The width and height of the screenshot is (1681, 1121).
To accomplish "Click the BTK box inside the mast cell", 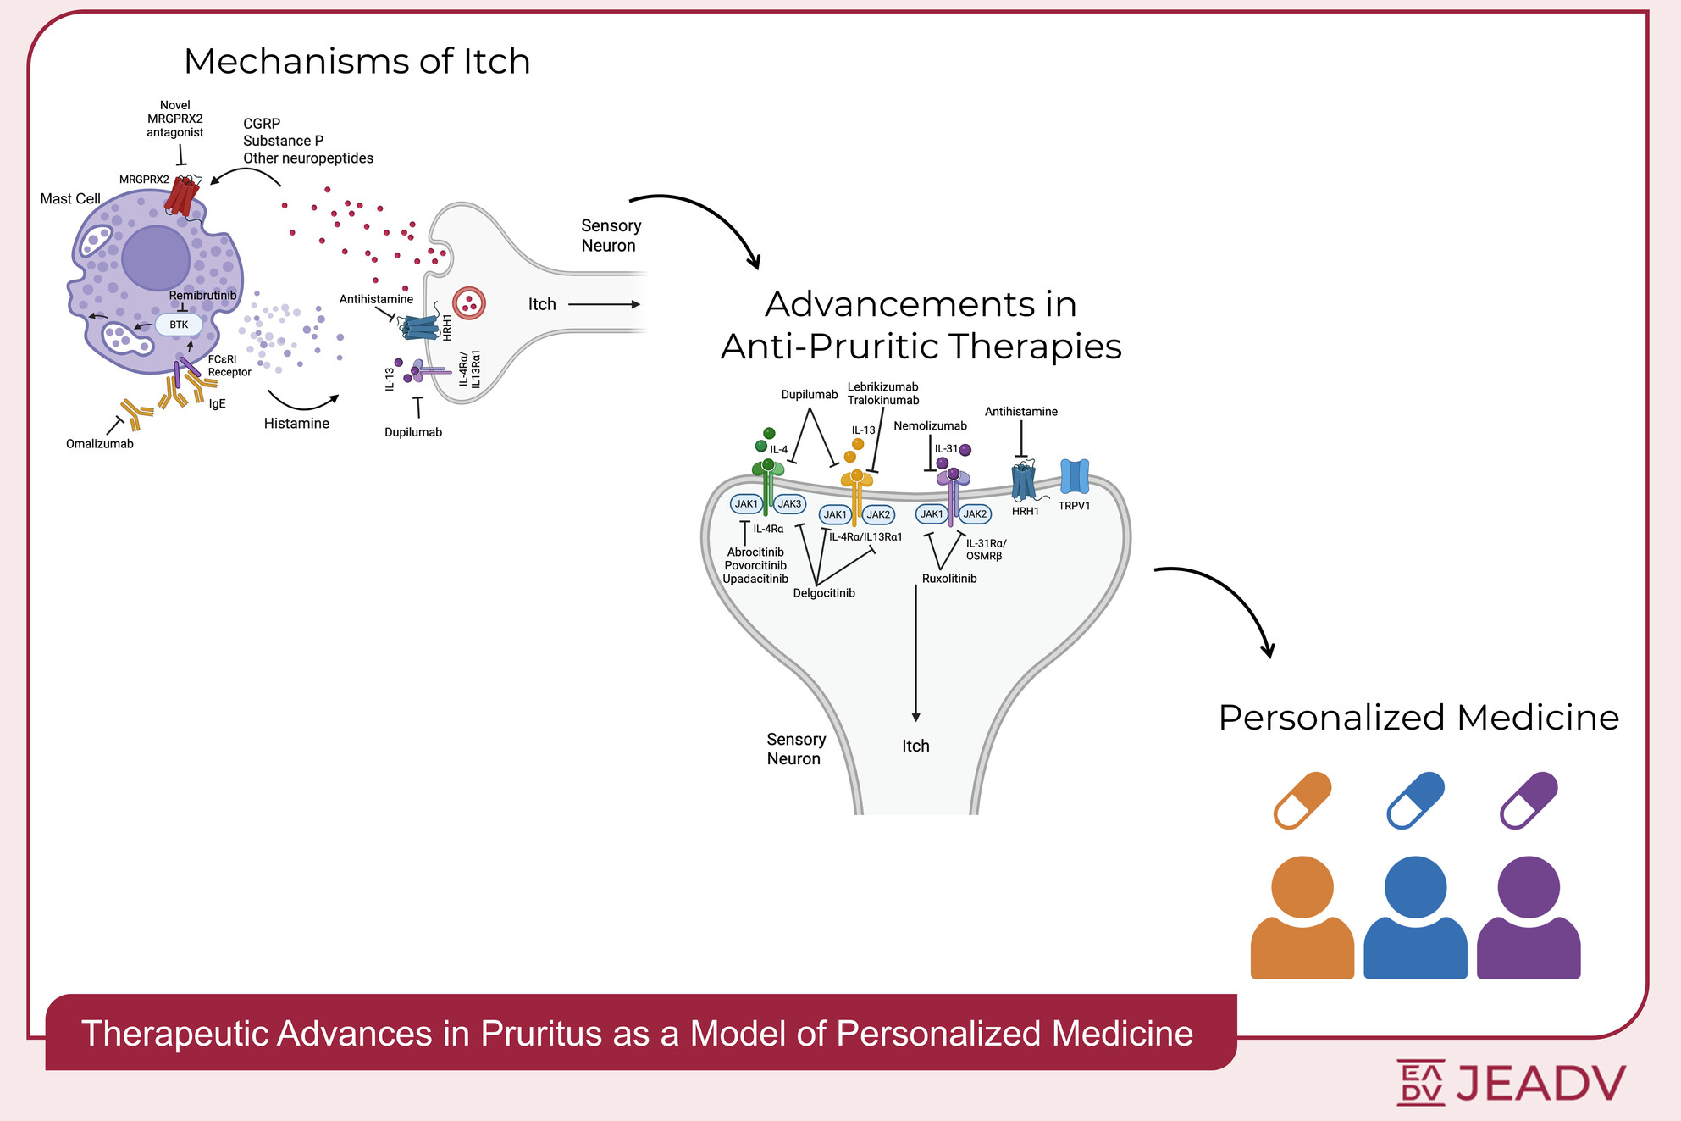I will pos(179,325).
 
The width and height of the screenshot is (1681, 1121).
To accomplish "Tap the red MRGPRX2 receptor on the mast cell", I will pos(181,196).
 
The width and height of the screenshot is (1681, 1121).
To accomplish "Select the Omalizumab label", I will pos(100,444).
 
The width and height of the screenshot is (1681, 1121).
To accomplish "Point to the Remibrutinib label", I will pos(202,295).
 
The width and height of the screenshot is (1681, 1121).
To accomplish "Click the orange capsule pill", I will pos(1302,800).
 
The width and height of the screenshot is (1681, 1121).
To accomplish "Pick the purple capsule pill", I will pos(1529,800).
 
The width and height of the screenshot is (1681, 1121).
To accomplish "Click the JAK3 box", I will pos(789,504).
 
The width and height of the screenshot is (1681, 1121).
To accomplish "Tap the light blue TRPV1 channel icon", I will pos(1075,476).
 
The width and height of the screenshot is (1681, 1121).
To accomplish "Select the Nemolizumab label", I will pos(930,426).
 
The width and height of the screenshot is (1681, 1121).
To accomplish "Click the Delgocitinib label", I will pos(824,593).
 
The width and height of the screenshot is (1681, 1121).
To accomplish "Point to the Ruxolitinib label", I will pos(949,579).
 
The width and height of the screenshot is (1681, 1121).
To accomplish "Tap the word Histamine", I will pos(296,424).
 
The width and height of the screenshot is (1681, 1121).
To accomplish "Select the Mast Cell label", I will pos(70,199).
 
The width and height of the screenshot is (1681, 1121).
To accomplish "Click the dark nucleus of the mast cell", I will pos(156,258).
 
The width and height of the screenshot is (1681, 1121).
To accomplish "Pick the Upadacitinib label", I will pos(755,580).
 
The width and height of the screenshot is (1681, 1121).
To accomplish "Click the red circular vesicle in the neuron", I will pos(469,302).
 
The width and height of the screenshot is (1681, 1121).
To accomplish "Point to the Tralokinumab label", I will pos(883,401).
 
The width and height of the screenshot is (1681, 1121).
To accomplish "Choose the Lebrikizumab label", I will pos(882,387).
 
